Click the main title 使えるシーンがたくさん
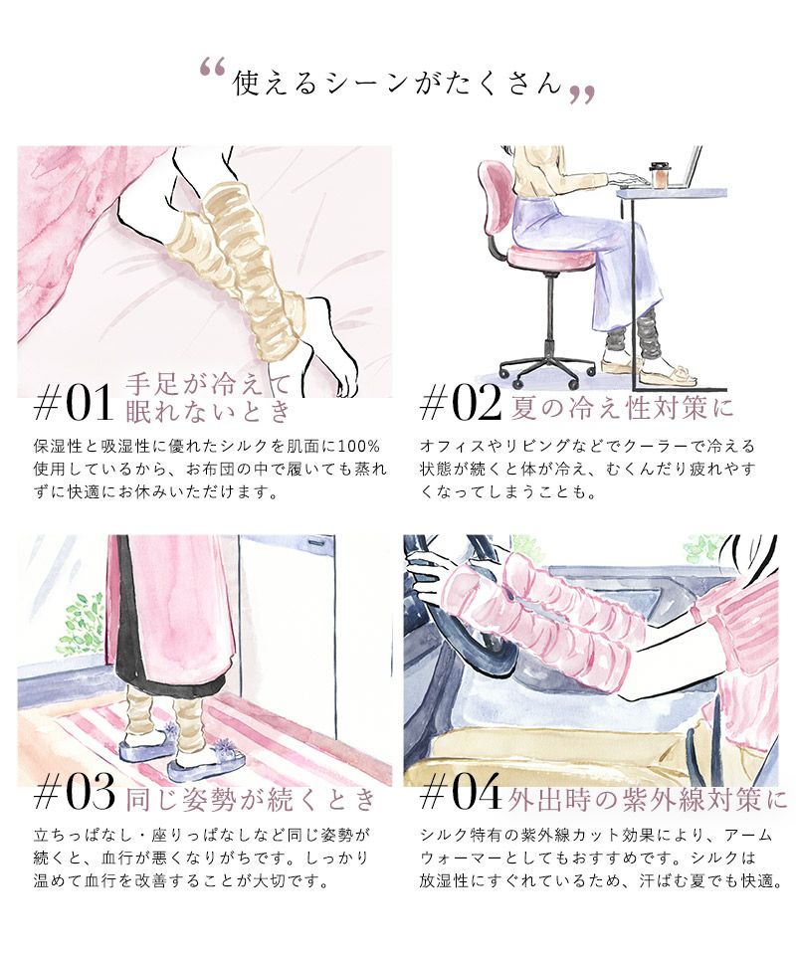point(397,83)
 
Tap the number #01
point(74,403)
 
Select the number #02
point(461,403)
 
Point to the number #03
point(75,792)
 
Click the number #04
point(461,792)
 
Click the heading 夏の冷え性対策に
point(622,408)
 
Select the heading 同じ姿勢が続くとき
point(251,799)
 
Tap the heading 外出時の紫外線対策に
point(648,799)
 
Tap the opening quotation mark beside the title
point(213,68)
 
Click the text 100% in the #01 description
point(358,447)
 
